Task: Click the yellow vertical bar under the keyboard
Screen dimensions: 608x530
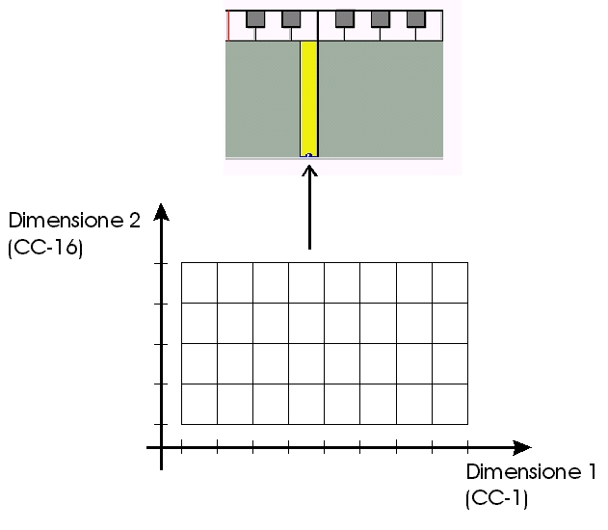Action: pos(308,99)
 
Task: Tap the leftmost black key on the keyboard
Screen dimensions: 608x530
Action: pos(255,19)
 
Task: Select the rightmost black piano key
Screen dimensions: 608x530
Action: pos(416,19)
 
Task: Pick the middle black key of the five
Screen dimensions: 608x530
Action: pos(345,19)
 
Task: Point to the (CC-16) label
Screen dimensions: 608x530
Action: pos(45,248)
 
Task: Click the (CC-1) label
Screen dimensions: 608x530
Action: pos(497,498)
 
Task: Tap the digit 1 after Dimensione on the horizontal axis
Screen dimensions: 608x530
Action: pos(591,472)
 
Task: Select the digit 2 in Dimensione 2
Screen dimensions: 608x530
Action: pos(134,221)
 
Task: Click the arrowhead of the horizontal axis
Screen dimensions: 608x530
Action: pos(522,448)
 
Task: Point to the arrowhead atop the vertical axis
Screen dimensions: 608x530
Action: pos(161,212)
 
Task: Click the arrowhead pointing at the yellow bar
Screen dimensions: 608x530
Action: pos(309,171)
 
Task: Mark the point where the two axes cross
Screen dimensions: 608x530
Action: pos(161,448)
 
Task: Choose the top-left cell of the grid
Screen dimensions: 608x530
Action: pos(199,282)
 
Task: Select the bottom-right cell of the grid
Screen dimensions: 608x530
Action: pos(450,404)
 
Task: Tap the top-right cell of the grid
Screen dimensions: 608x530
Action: pos(450,282)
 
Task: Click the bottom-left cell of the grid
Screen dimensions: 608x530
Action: pos(199,404)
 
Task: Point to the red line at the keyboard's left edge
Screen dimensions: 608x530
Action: pos(228,26)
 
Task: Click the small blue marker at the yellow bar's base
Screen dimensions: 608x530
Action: pos(308,155)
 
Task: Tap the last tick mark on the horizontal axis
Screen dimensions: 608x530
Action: pos(467,447)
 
